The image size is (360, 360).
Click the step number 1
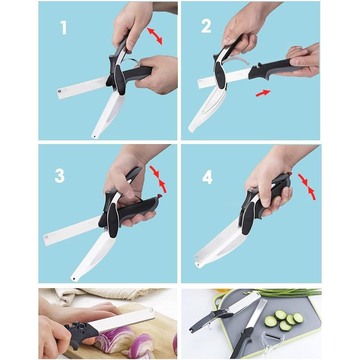pos(63,28)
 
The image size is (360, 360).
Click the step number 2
pos(206,26)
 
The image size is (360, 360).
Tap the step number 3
pos(60,176)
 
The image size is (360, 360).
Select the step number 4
pos(207,177)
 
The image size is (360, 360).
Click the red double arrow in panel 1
pos(154,35)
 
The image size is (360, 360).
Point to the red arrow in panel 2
pos(263,93)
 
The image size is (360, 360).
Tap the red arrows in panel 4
pos(307,186)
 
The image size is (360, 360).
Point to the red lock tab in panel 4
pos(290,174)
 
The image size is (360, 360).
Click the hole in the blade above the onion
pos(151,311)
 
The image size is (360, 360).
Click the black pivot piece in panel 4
pos(247,220)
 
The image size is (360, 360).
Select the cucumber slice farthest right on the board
pos(298,318)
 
